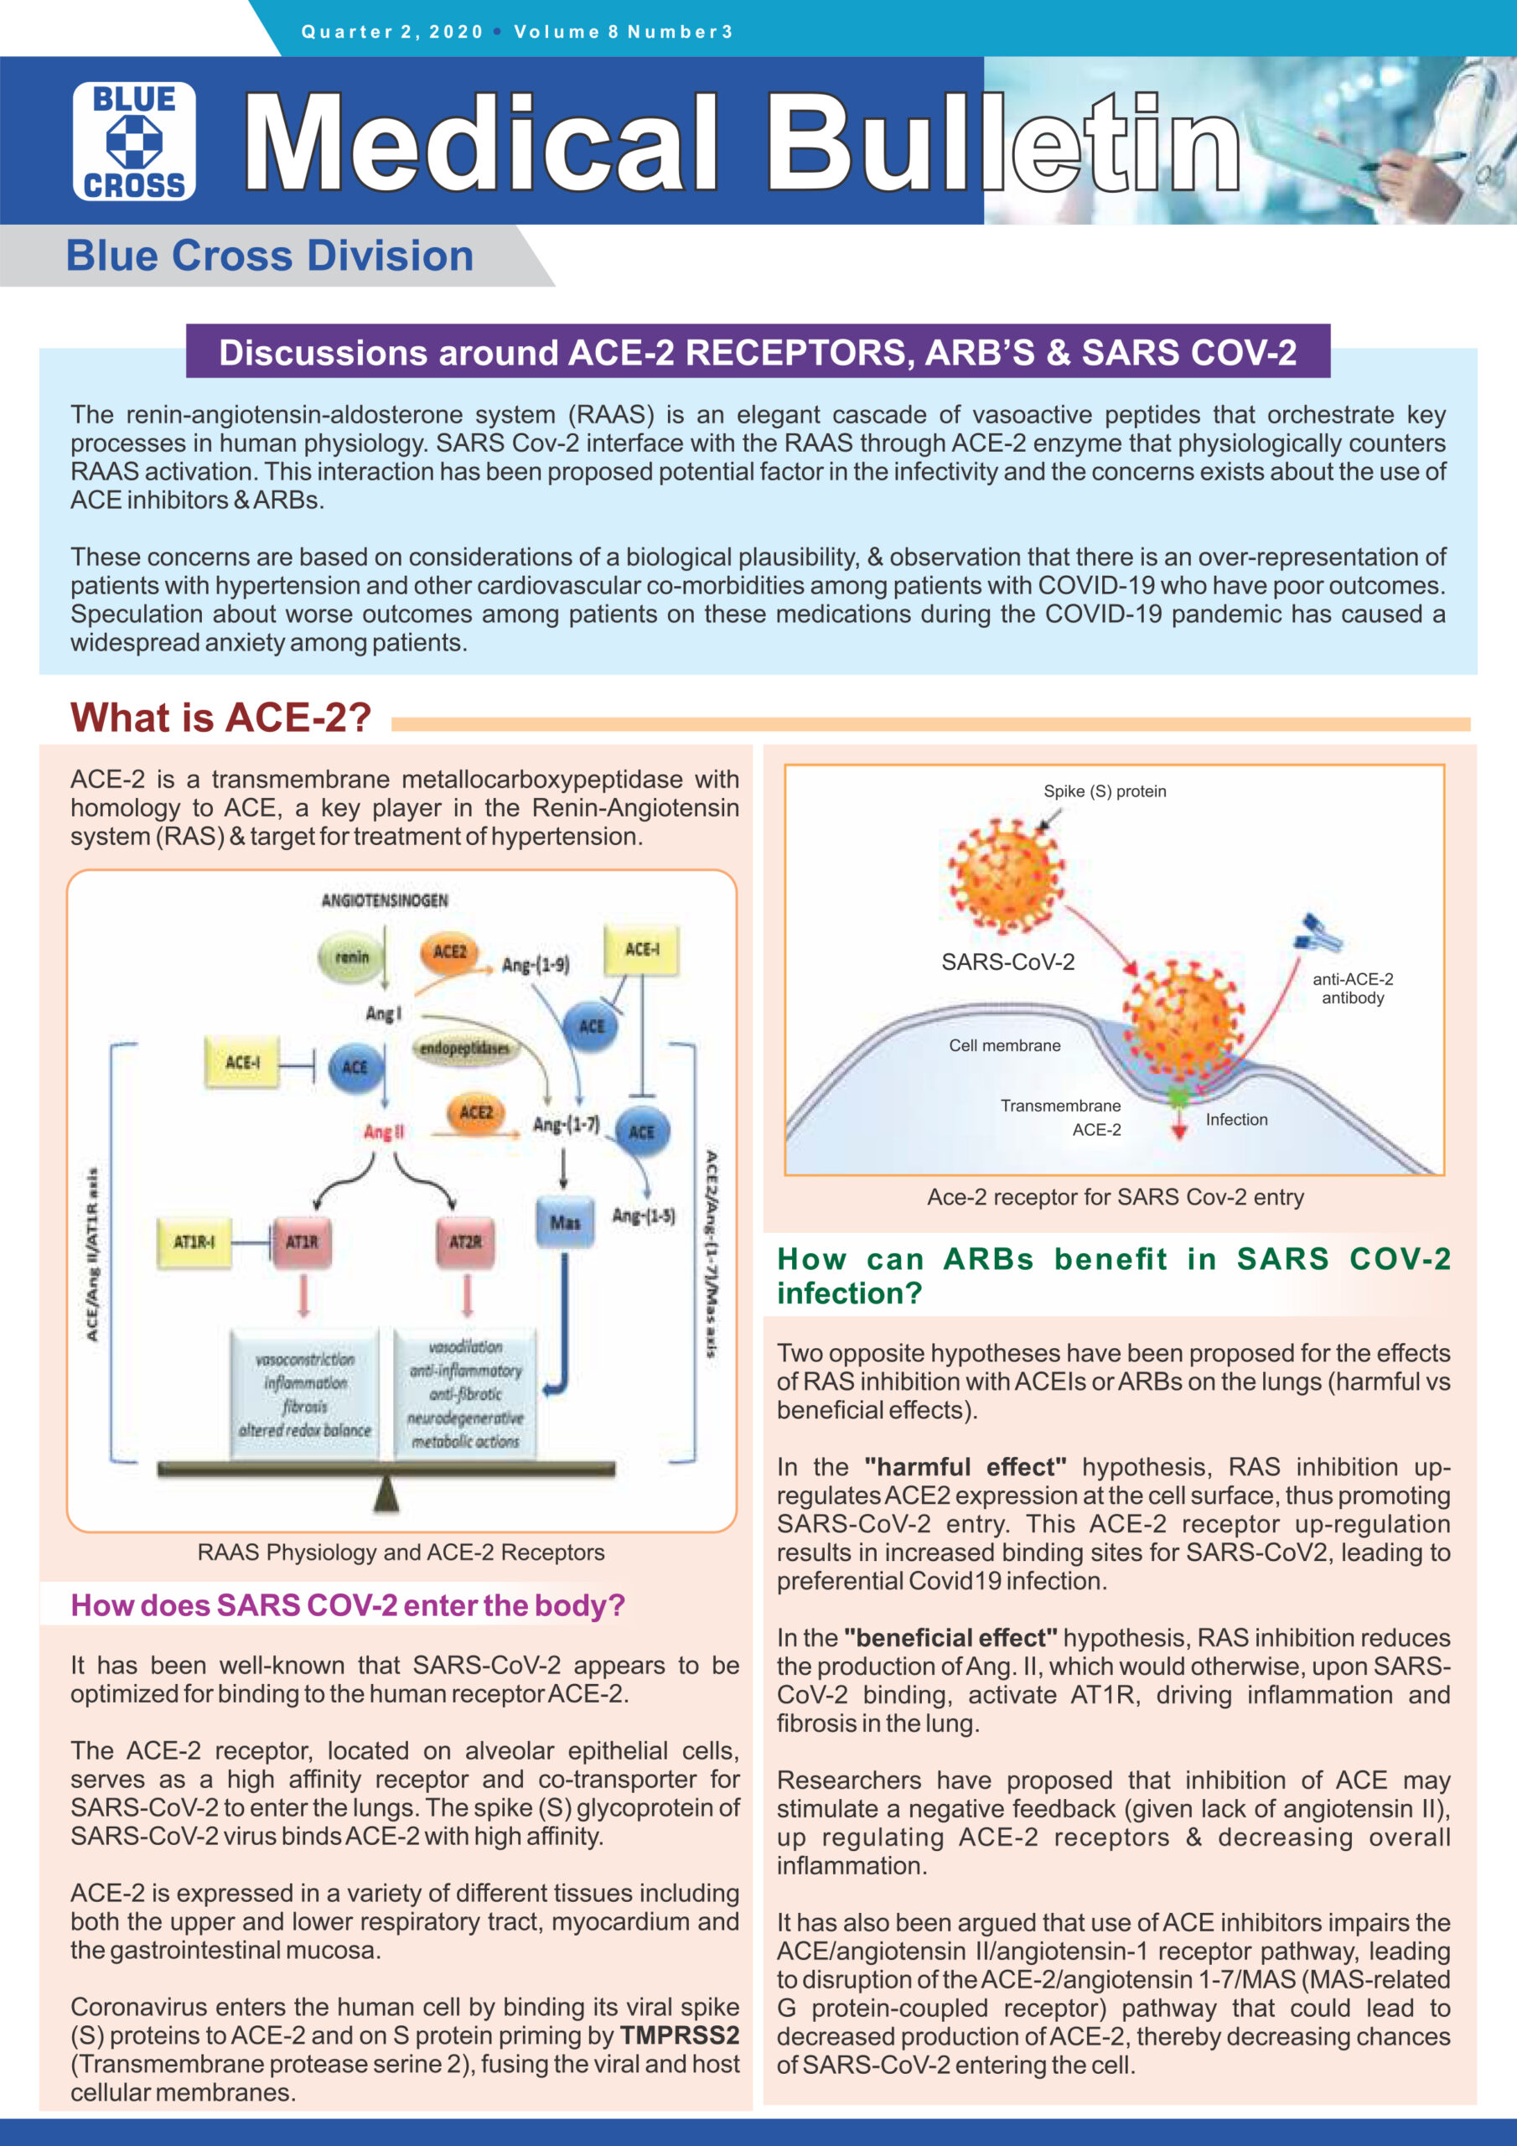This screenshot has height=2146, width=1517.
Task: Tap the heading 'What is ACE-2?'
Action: click(x=220, y=718)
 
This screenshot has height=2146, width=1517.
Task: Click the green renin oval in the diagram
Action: click(x=351, y=957)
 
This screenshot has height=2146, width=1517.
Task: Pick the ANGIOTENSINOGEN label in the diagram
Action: click(x=384, y=900)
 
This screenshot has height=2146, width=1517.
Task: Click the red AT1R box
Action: click(x=302, y=1242)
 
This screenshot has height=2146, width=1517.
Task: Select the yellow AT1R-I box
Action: click(x=194, y=1242)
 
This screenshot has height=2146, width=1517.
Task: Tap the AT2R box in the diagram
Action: click(x=465, y=1242)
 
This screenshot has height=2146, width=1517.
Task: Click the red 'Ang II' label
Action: click(x=383, y=1132)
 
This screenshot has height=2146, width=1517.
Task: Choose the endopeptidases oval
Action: click(x=464, y=1048)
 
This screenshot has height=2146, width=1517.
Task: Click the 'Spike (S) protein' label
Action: click(x=1104, y=791)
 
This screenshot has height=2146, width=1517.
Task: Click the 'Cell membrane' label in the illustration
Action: click(x=1004, y=1045)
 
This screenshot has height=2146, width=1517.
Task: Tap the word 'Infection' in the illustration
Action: click(x=1235, y=1119)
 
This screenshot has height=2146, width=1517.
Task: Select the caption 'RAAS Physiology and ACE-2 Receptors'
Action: click(x=400, y=1552)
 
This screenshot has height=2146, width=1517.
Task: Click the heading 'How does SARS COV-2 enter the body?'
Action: click(x=348, y=1606)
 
